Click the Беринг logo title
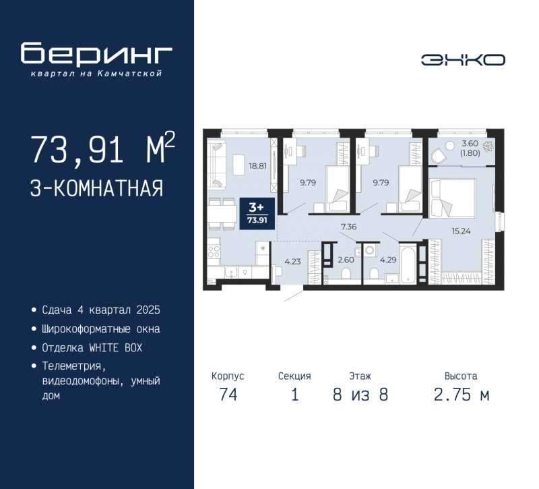(96, 53)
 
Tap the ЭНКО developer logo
(463, 60)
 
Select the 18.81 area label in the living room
(258, 166)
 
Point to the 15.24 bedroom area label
(461, 231)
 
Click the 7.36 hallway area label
(348, 227)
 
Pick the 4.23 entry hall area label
(292, 262)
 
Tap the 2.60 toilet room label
(346, 260)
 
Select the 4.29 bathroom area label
(388, 260)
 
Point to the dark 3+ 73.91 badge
(257, 213)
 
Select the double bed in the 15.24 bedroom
(452, 198)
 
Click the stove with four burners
(214, 252)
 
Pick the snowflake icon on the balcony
(488, 147)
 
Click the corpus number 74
(228, 395)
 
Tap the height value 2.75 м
(462, 395)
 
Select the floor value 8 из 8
(360, 395)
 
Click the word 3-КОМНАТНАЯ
(96, 188)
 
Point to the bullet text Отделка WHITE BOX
(92, 348)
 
